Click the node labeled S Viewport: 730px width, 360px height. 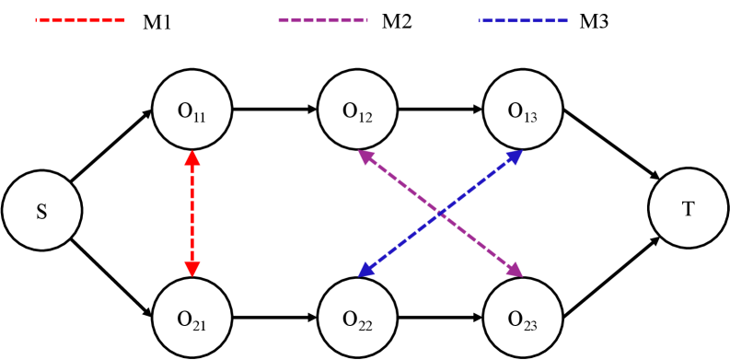(41, 213)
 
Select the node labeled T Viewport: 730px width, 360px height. (688, 210)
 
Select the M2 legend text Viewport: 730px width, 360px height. (395, 20)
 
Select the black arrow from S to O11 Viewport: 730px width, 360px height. (110, 147)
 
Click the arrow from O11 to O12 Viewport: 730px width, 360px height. (274, 110)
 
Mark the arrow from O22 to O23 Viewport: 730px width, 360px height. (439, 319)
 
